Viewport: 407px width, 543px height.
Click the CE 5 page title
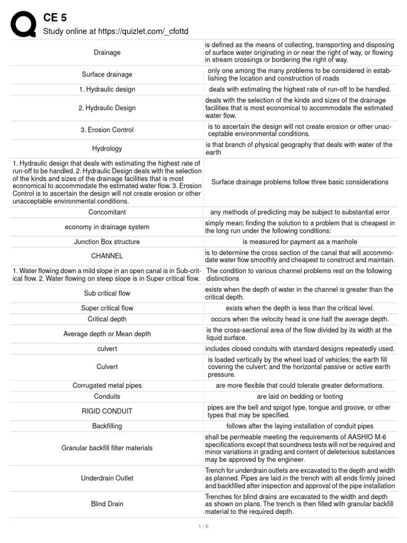[55, 18]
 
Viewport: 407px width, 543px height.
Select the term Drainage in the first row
[107, 52]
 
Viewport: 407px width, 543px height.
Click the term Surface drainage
[107, 74]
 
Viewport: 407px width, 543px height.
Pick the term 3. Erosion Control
[107, 130]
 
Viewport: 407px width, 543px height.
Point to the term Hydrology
[107, 148]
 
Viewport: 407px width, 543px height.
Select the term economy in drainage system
[107, 227]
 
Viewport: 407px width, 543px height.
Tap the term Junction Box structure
[107, 242]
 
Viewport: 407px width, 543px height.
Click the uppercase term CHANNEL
[107, 256]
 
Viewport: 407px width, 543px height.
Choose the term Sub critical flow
[107, 293]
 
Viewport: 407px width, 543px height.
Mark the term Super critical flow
[107, 308]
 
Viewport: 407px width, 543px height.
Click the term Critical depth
[107, 319]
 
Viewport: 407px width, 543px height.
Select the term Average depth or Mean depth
[107, 334]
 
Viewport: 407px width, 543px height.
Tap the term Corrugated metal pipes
[107, 385]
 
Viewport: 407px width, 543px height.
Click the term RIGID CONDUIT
[107, 411]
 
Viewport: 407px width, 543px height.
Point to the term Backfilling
[107, 426]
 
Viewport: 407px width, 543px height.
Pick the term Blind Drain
[107, 504]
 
